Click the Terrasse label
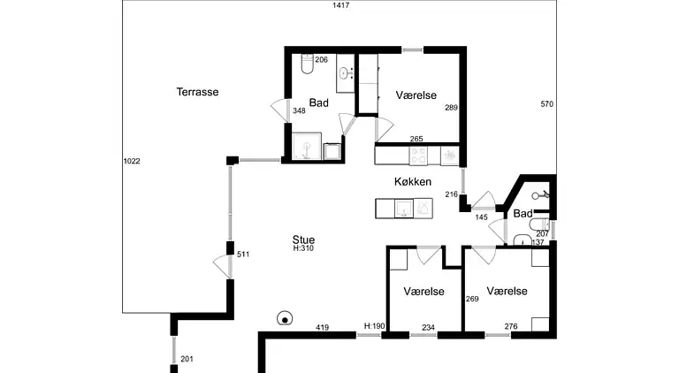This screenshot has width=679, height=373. click(x=197, y=92)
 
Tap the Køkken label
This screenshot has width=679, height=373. click(x=413, y=182)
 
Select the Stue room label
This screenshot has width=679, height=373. click(x=303, y=240)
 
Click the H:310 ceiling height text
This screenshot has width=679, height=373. click(x=303, y=249)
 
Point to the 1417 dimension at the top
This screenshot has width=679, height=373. click(x=341, y=6)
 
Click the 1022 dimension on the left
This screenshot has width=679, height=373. click(x=132, y=161)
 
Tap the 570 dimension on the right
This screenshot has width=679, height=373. click(x=546, y=104)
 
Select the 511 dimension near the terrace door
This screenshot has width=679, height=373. click(x=244, y=255)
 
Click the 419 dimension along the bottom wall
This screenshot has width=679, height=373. click(x=322, y=329)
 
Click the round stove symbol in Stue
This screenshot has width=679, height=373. click(x=286, y=318)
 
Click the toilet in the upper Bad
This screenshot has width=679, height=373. click(x=305, y=65)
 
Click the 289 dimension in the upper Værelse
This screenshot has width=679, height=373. click(x=451, y=108)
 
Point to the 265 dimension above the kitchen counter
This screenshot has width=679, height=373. click(x=416, y=139)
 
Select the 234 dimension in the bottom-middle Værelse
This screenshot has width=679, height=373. click(x=428, y=328)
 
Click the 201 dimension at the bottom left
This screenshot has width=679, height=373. click(x=187, y=359)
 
